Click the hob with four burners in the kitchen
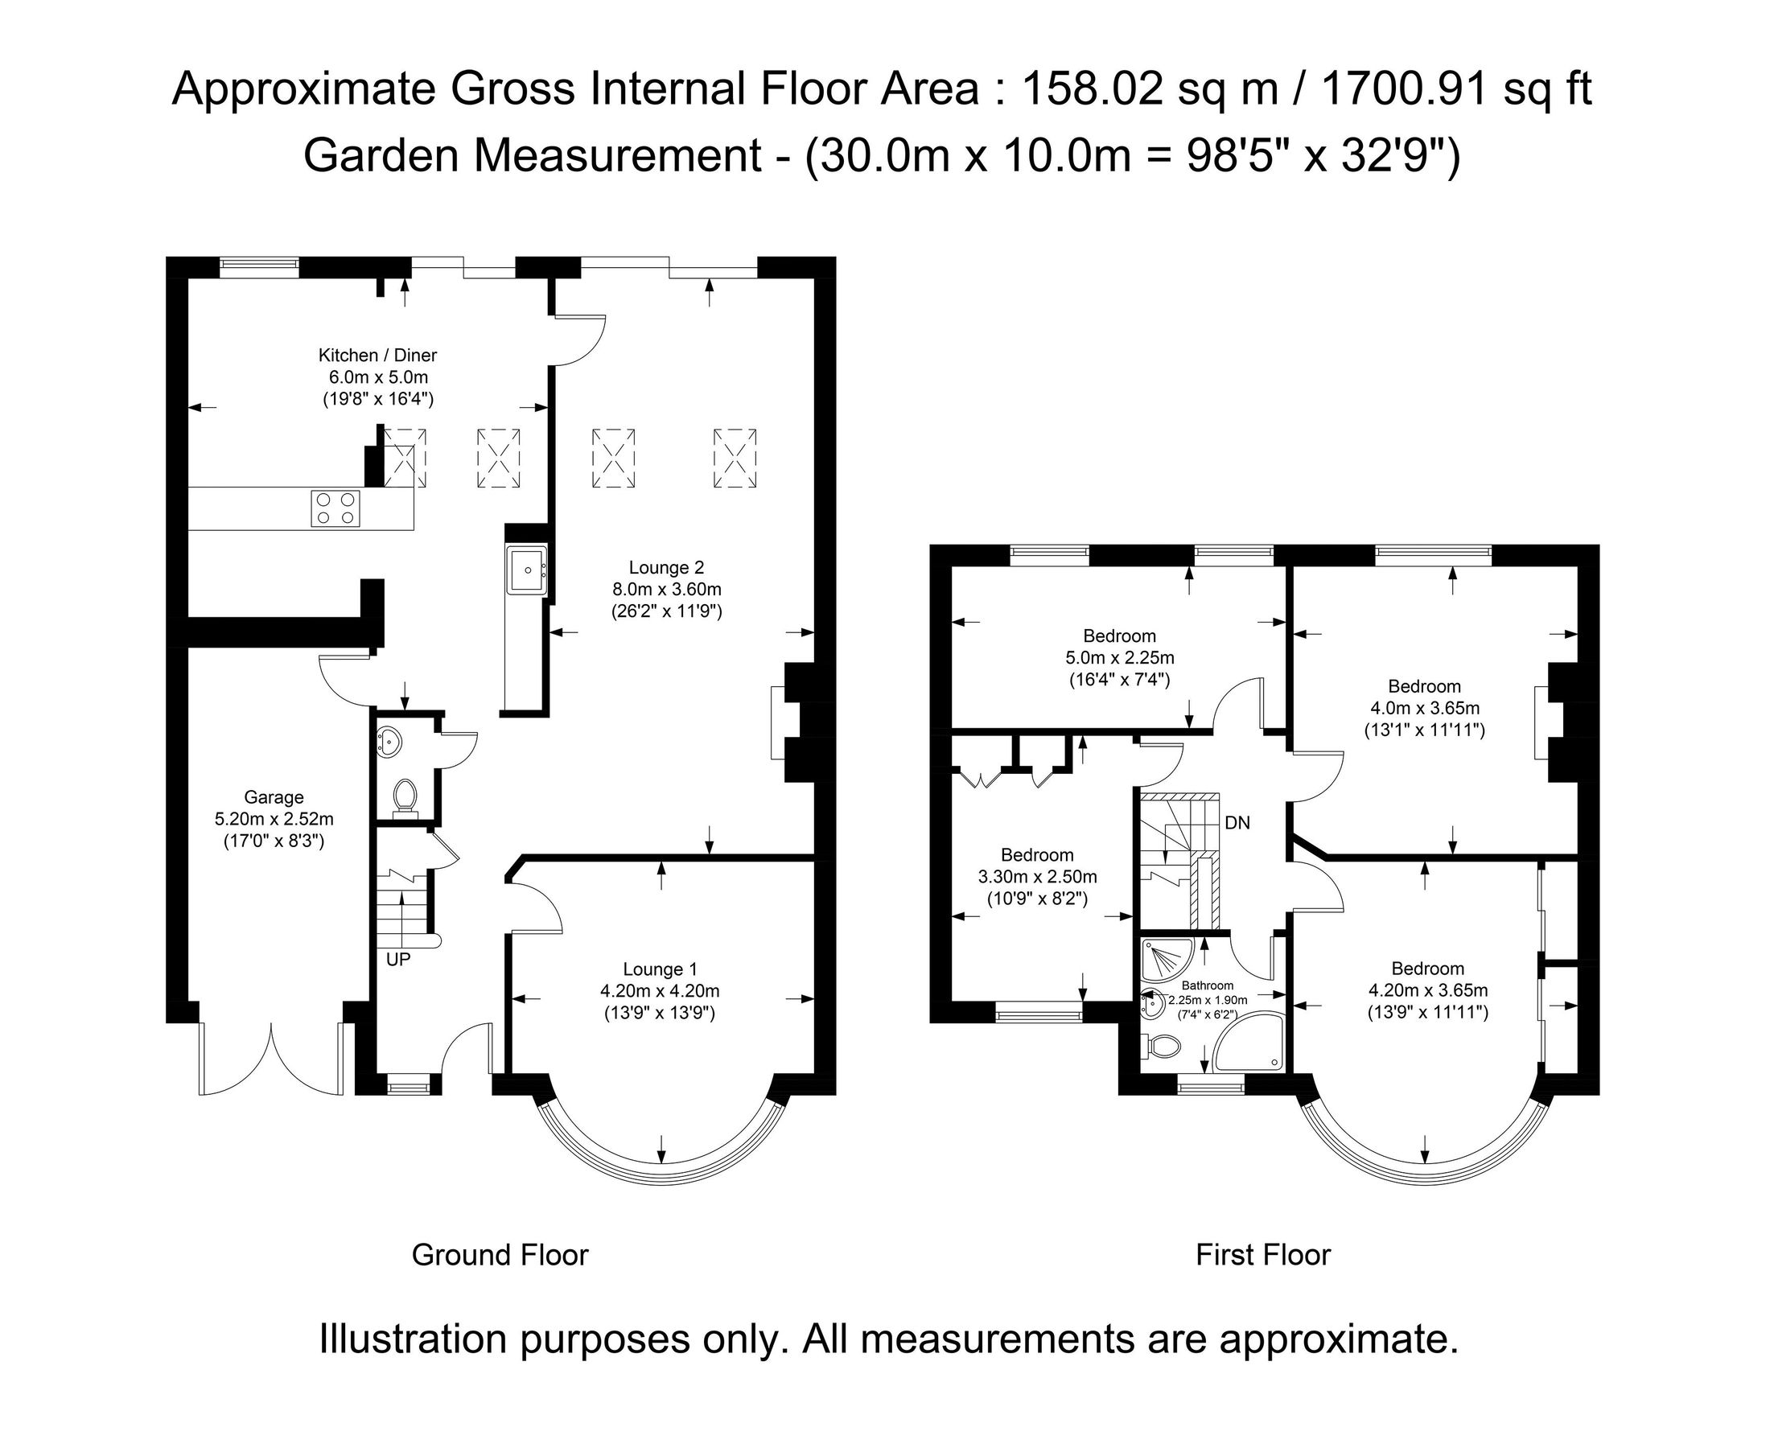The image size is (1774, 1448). [x=336, y=508]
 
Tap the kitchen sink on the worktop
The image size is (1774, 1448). [x=526, y=570]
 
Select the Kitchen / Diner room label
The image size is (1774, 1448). [x=377, y=356]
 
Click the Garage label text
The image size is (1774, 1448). [x=274, y=797]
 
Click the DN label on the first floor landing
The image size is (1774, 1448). [x=1237, y=822]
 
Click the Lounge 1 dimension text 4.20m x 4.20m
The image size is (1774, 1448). [x=659, y=991]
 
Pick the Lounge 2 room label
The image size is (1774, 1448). [x=665, y=568]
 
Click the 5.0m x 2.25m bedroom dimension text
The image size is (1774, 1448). [x=1119, y=658]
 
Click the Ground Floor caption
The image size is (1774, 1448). [x=500, y=1254]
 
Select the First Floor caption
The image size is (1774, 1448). [x=1263, y=1254]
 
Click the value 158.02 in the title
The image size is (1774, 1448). [x=1091, y=89]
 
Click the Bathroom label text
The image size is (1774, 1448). [x=1207, y=986]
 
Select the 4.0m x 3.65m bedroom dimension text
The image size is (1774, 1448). [x=1425, y=708]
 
